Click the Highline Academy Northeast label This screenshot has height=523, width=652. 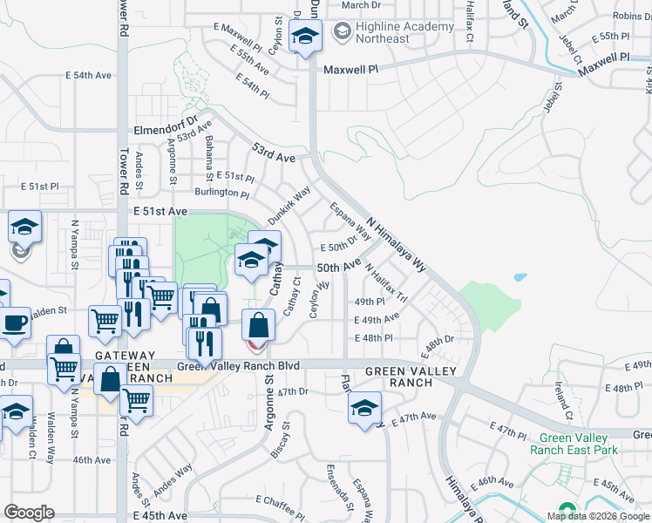(393, 32)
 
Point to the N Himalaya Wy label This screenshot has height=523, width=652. (397, 245)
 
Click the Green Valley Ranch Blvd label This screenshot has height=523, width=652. (239, 365)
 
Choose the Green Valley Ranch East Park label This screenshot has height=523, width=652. (578, 444)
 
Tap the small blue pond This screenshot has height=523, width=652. (520, 278)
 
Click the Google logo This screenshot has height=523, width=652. (29, 512)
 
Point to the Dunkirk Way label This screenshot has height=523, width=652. (289, 203)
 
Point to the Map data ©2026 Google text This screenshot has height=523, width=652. (599, 516)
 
